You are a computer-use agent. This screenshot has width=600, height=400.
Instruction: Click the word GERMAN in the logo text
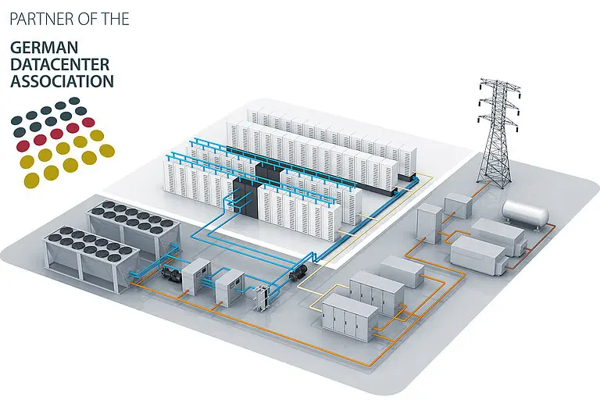tap(44, 48)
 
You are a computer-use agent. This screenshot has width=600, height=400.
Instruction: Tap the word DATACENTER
tap(60, 64)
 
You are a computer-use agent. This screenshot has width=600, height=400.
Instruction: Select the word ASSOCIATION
tap(62, 81)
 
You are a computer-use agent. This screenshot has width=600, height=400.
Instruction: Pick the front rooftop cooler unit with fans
tap(92, 259)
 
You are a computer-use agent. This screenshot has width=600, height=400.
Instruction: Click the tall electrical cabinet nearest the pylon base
tap(430, 223)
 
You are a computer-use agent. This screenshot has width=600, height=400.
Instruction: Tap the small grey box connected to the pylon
tap(459, 205)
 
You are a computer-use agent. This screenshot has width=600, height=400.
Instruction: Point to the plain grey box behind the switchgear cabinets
tap(402, 271)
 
